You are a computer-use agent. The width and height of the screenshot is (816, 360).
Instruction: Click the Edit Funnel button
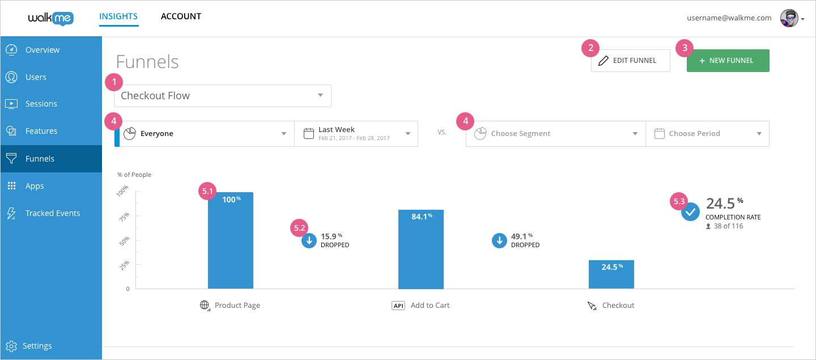click(630, 61)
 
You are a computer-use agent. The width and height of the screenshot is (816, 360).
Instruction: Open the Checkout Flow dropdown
click(222, 96)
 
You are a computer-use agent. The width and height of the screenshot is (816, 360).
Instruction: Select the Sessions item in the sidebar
click(41, 104)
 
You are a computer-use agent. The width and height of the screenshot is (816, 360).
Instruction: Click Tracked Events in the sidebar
click(52, 213)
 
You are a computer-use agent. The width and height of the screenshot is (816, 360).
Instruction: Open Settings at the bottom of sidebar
click(37, 346)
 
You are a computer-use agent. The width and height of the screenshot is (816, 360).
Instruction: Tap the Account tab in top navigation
click(181, 16)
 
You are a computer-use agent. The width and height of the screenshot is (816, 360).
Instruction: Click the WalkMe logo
click(50, 18)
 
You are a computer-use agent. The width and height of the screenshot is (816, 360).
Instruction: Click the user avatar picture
click(788, 18)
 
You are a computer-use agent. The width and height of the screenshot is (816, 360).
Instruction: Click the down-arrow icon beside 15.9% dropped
click(309, 241)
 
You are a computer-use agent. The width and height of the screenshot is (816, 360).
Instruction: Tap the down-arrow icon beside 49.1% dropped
click(499, 241)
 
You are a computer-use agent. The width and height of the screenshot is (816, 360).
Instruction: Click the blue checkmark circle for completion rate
click(690, 213)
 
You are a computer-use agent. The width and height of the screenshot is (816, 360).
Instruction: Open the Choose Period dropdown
click(707, 134)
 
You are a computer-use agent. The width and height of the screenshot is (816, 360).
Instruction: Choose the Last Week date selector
click(356, 134)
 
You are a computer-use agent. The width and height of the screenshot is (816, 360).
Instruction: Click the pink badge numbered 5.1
click(207, 192)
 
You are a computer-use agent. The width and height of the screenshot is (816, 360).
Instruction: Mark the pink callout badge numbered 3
click(685, 48)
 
